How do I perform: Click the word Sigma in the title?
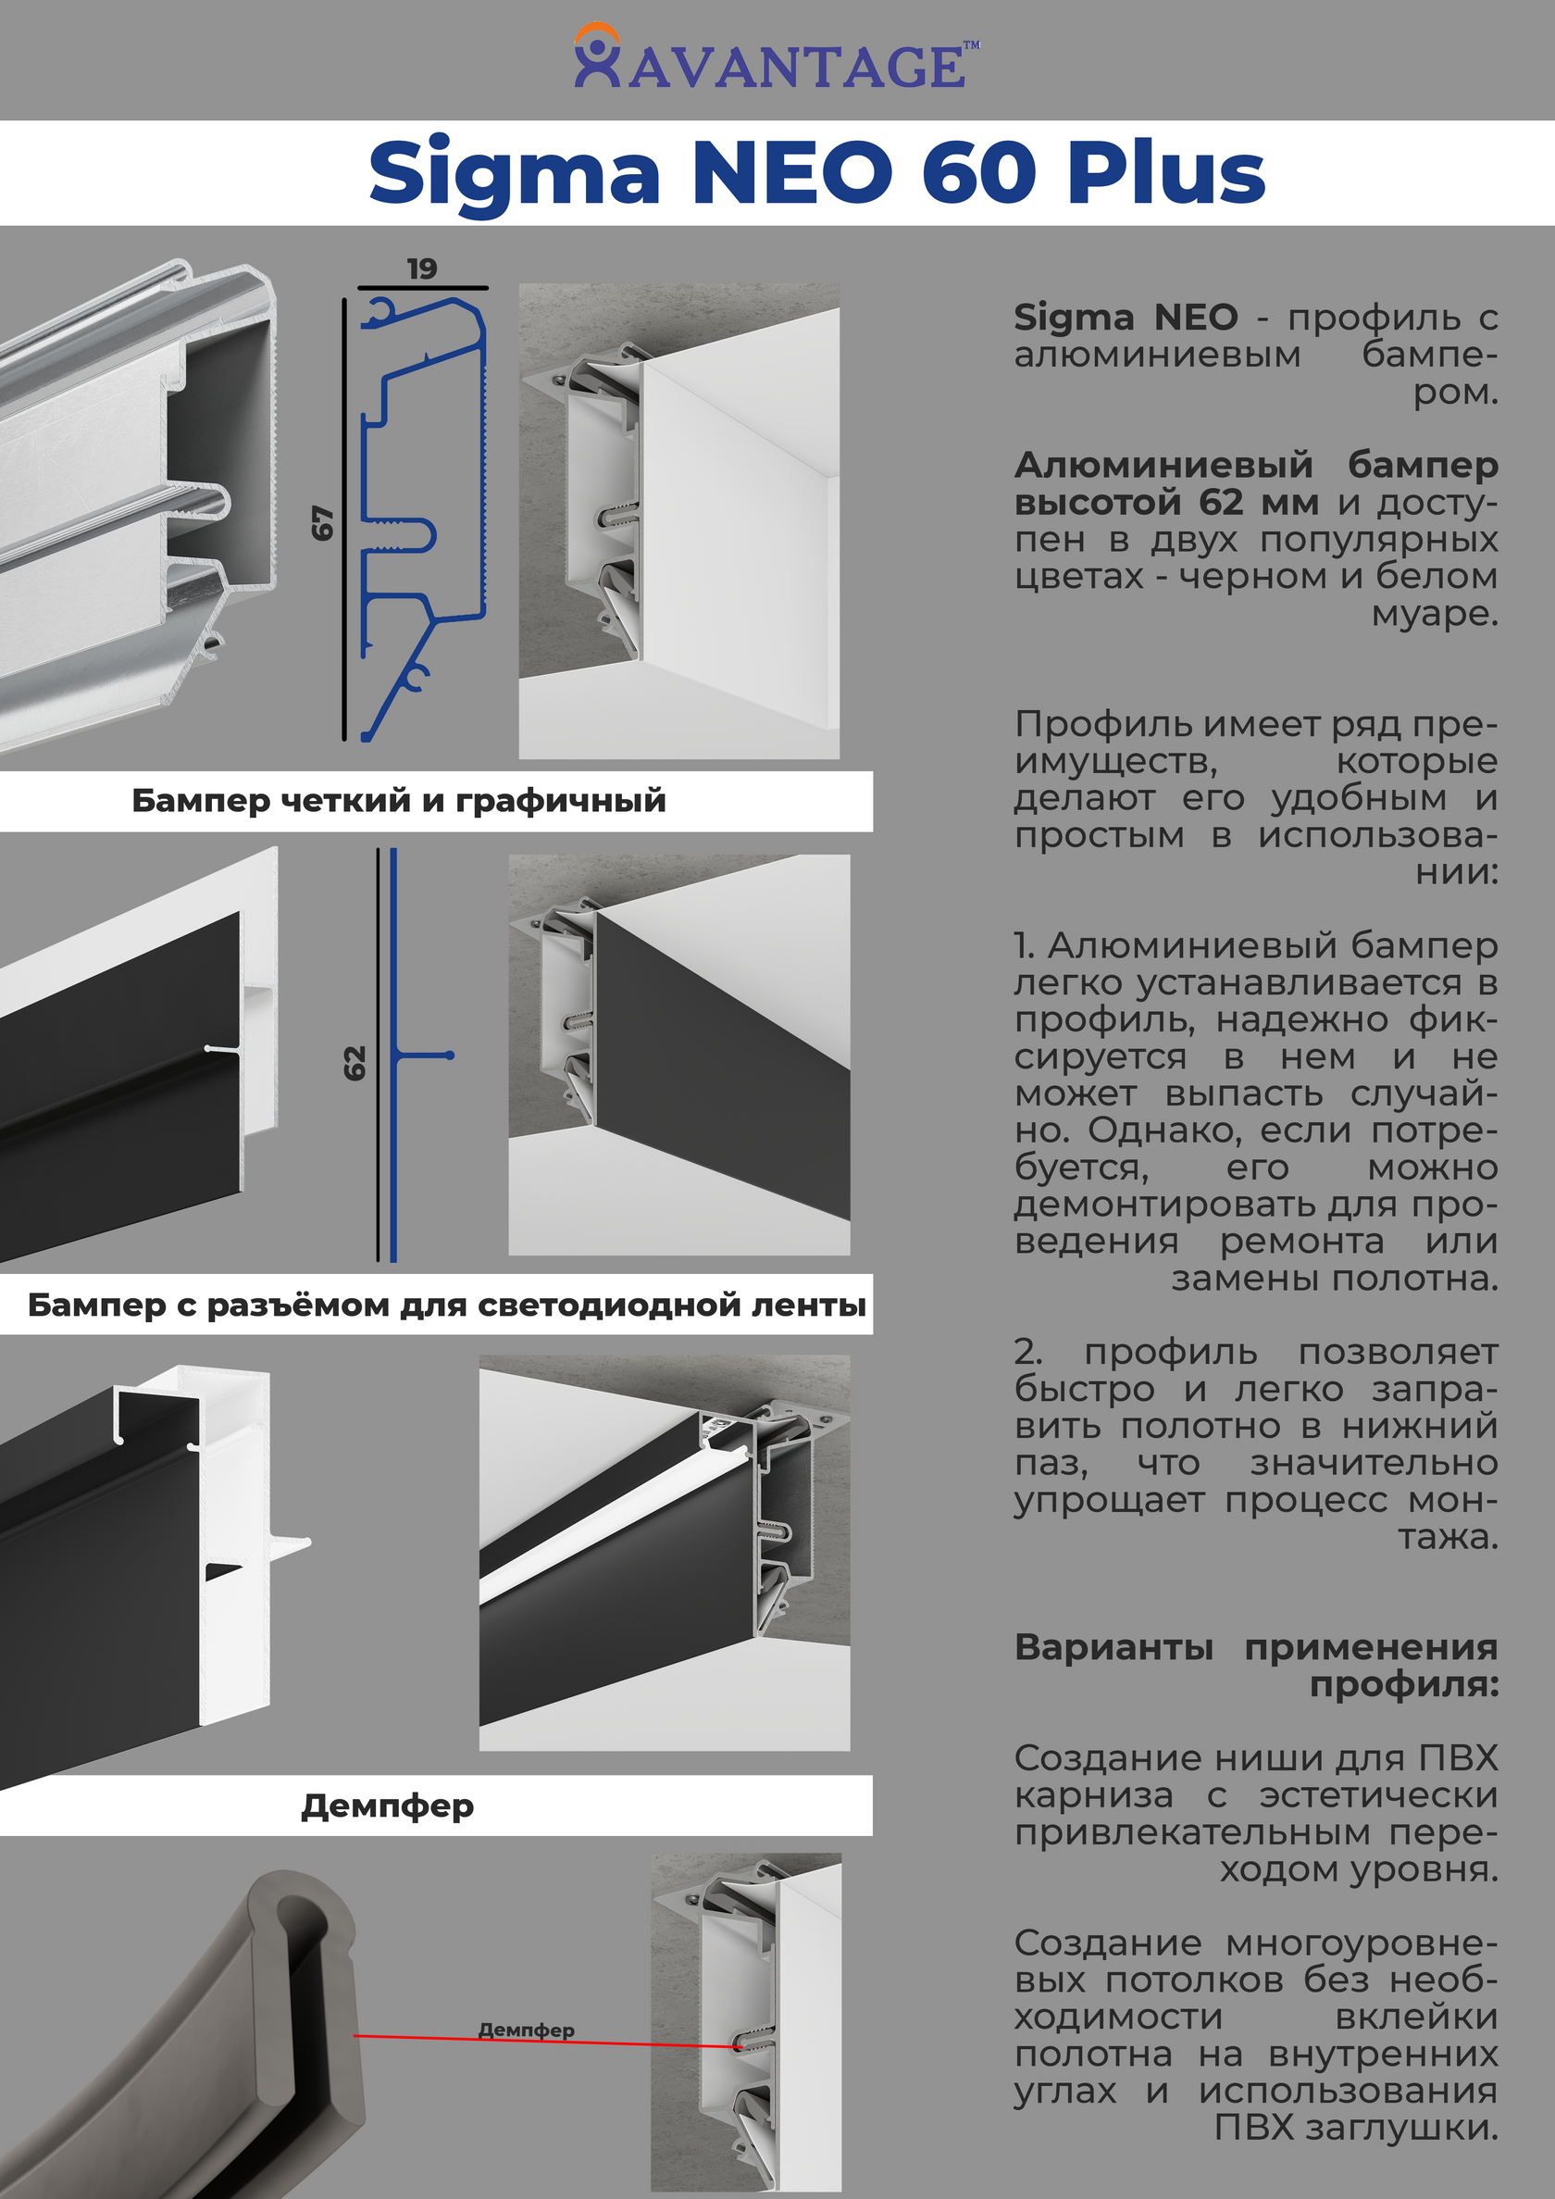click(515, 173)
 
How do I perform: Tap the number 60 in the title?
click(978, 173)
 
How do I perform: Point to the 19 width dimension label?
click(421, 269)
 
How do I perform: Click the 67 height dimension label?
click(323, 522)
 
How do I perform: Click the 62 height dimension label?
click(355, 1063)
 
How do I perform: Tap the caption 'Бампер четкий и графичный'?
click(398, 801)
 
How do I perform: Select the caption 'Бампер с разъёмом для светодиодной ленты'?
click(446, 1305)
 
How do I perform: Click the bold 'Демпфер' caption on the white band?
click(388, 1805)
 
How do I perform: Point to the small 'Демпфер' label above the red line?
click(526, 2030)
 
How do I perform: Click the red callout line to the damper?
click(546, 2041)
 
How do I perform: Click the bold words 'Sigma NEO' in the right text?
click(1126, 317)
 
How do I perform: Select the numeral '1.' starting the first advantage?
click(1024, 946)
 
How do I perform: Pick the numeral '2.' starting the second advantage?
click(1027, 1353)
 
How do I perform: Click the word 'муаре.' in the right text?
click(1435, 614)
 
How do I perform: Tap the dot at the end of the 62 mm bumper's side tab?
click(450, 1056)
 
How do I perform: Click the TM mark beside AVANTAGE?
click(971, 44)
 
